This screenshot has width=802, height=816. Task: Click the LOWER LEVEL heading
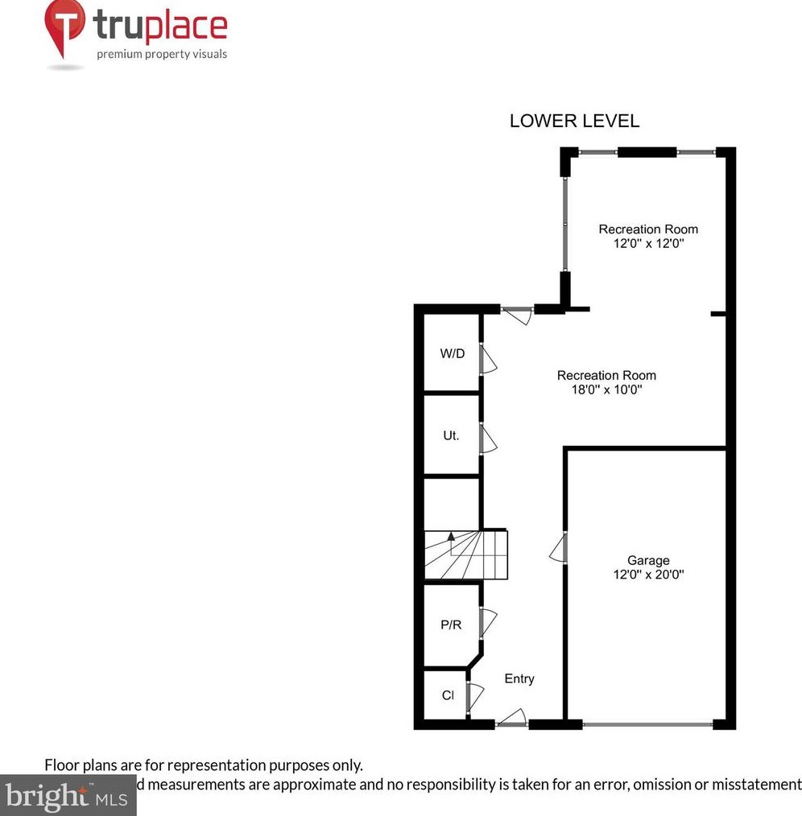(x=574, y=122)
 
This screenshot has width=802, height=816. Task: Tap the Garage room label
(x=648, y=560)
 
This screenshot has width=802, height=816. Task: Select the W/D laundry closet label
(x=452, y=352)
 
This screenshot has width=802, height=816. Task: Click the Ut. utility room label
(x=451, y=435)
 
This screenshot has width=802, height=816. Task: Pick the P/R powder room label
(x=451, y=624)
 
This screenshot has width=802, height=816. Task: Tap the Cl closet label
(x=448, y=694)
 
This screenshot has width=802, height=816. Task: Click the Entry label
(x=519, y=678)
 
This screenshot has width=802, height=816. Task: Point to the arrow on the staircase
(x=451, y=537)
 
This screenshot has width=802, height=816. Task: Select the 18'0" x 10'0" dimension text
(x=607, y=389)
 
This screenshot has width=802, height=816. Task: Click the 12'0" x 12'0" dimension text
(x=648, y=243)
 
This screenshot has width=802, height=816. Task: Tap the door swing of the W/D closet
(x=488, y=359)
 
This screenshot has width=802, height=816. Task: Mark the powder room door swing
(x=488, y=623)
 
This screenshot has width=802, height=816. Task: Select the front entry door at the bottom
(x=512, y=718)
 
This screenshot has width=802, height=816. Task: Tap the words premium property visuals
(x=162, y=55)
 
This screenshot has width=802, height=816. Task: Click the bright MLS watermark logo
(x=68, y=797)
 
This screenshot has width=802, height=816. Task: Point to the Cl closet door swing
(x=474, y=695)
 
